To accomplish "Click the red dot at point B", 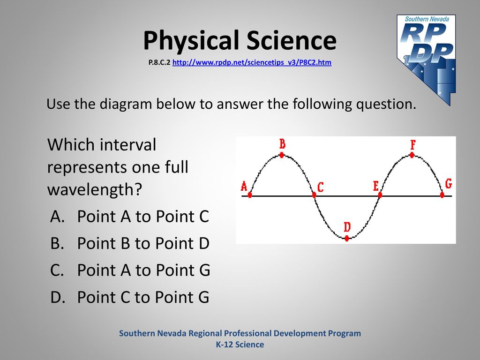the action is click(282, 155).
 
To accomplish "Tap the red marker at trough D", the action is click(347, 238).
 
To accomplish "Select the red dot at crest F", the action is click(412, 155).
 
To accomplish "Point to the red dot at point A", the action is click(250, 195).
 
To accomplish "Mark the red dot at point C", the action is click(314, 195).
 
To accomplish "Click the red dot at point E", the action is click(380, 195).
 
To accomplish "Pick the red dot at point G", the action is click(442, 195).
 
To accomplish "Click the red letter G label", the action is click(449, 184).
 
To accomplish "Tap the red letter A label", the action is click(244, 186).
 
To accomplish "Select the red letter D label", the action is click(347, 227).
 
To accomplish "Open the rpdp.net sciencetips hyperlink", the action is click(252, 62).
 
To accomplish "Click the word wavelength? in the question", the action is click(95, 190).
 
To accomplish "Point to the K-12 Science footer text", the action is click(240, 345).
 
